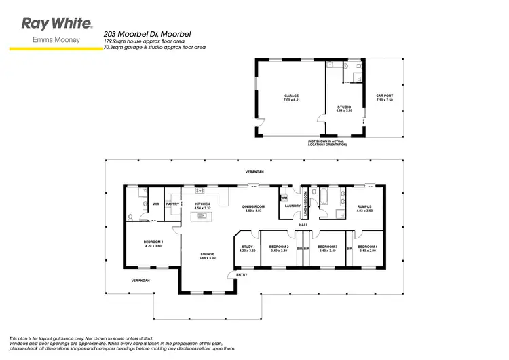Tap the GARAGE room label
click(x=291, y=96)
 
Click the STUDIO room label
click(x=344, y=107)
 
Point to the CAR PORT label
click(x=385, y=96)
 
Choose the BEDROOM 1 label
click(x=153, y=242)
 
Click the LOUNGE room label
click(x=208, y=254)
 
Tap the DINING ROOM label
click(x=252, y=206)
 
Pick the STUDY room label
click(x=247, y=247)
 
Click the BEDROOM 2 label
click(x=279, y=247)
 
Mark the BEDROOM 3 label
click(x=327, y=247)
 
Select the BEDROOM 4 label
click(x=367, y=247)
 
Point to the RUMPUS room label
click(x=364, y=206)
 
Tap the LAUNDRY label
click(x=293, y=206)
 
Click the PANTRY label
click(x=172, y=204)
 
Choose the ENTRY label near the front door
click(x=242, y=274)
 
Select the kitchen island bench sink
click(x=202, y=216)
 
